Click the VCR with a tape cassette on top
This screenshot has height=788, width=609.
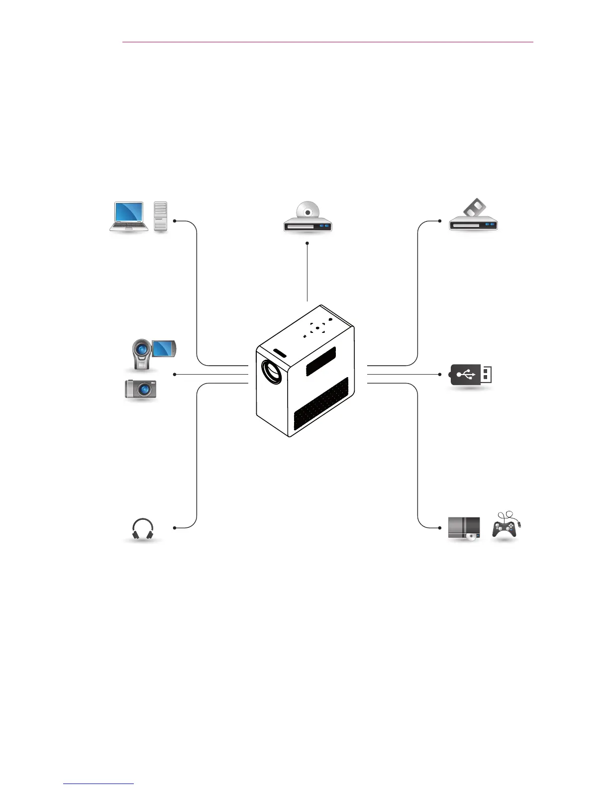pos(473,217)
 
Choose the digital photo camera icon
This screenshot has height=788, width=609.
pos(141,389)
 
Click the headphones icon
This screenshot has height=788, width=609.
pos(143,529)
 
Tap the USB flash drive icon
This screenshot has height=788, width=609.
pos(471,375)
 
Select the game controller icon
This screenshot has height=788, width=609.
pos(505,526)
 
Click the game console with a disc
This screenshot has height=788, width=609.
pos(464,528)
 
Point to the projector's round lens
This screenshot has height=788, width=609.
pos(272,371)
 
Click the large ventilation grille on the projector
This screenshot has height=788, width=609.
pos(321,403)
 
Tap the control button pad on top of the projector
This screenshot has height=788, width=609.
pos(317,328)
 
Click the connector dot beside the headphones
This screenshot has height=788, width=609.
pos(175,527)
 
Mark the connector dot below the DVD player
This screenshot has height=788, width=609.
pos(307,243)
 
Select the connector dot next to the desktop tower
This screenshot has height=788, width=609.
pos(175,220)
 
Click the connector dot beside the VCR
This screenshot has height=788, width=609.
pos(440,220)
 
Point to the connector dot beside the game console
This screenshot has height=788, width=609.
pos(440,527)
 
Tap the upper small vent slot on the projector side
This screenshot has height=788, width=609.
pos(320,361)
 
